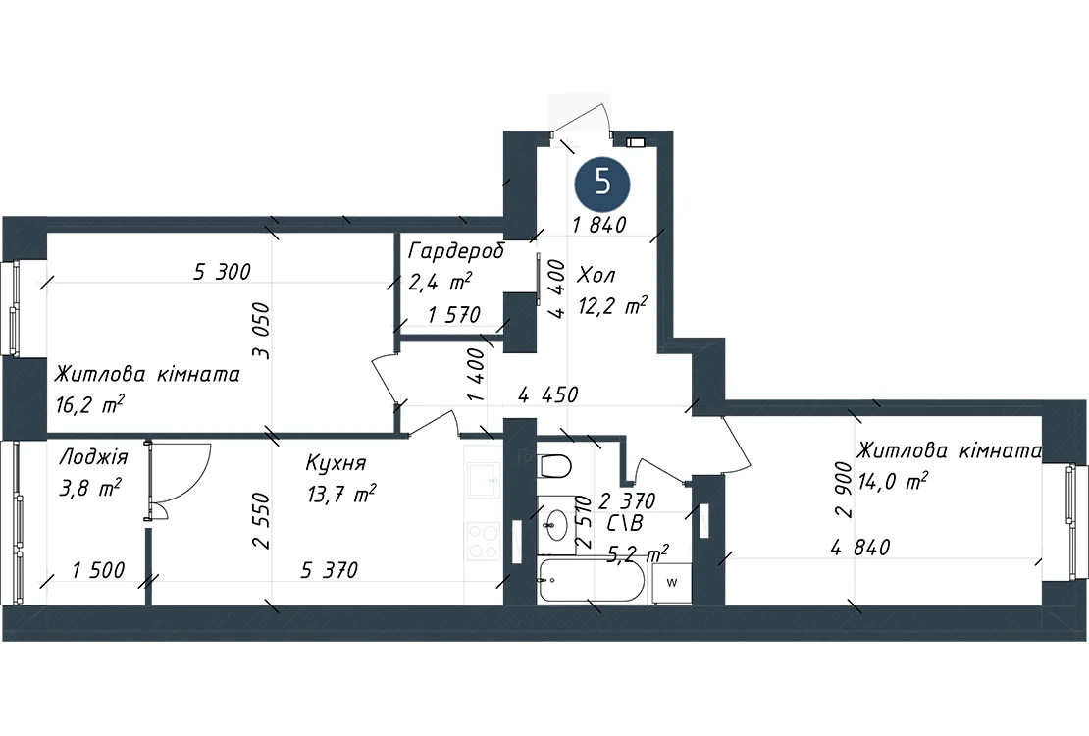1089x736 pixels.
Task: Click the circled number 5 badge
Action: [x=602, y=184]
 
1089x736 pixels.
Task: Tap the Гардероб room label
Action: [x=456, y=250]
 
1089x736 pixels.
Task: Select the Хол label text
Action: [x=596, y=275]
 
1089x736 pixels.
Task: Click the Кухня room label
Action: [x=336, y=463]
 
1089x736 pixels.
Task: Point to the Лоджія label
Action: [x=94, y=457]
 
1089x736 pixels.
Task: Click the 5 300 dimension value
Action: [x=222, y=271]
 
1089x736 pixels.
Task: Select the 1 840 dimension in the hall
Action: [x=599, y=225]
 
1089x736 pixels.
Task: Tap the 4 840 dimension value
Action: [x=859, y=548]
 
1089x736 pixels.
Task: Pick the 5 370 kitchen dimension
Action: [x=330, y=570]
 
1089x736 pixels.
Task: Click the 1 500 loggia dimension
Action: [x=99, y=570]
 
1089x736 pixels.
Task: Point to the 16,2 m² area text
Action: [x=89, y=404]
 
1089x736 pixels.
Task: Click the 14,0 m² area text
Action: [x=893, y=480]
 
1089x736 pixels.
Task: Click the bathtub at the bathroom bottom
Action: [x=592, y=580]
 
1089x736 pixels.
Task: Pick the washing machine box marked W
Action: [x=671, y=583]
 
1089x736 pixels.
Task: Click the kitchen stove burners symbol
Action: [x=484, y=542]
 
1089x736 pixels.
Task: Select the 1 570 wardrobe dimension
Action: [x=454, y=315]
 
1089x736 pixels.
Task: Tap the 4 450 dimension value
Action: [x=548, y=394]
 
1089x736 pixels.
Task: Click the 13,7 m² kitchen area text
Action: [x=341, y=495]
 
